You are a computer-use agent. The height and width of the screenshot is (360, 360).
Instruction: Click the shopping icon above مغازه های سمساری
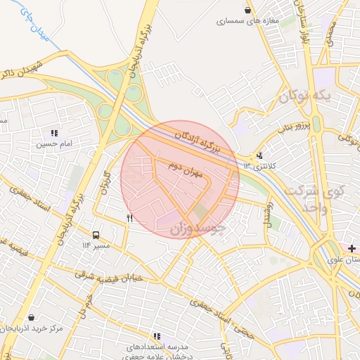pyautogui.click(x=248, y=11)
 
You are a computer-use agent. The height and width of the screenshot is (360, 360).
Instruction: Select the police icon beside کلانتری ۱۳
pyautogui.click(x=260, y=155)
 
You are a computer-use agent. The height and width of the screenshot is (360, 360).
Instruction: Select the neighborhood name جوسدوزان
pyautogui.click(x=198, y=229)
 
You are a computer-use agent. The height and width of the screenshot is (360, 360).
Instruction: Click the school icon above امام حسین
pyautogui.click(x=54, y=133)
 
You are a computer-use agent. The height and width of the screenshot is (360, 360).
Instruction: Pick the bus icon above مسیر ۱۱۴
pyautogui.click(x=96, y=235)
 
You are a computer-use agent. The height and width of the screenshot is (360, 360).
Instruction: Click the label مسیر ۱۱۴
pyautogui.click(x=96, y=245)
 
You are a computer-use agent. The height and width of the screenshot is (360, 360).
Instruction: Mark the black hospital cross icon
pyautogui.click(x=351, y=248)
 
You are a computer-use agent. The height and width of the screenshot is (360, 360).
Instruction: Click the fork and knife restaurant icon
pyautogui.click(x=129, y=218)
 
